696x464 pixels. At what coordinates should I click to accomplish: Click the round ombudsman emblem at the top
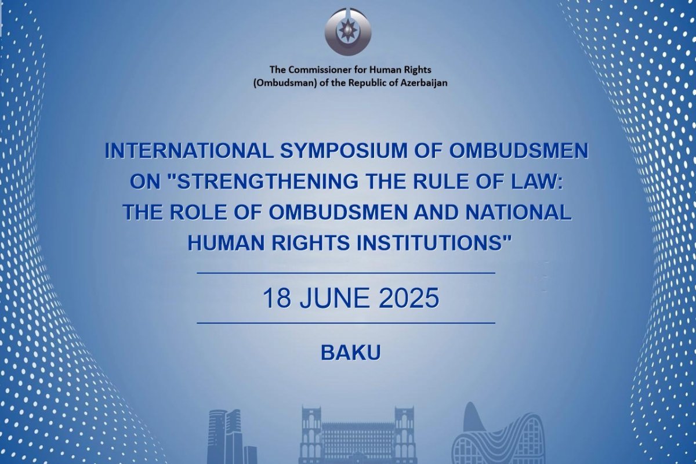pos(348,32)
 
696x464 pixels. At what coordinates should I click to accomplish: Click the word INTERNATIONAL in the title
pos(189,151)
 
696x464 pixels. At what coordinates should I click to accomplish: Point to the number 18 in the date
pos(277,298)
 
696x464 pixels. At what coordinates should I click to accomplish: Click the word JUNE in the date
pos(335,298)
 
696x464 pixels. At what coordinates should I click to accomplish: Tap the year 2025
pos(409,298)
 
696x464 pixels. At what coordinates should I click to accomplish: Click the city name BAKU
pos(350,353)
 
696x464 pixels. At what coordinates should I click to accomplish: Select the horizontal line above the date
pos(346,273)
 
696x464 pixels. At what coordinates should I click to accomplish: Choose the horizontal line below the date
pos(346,323)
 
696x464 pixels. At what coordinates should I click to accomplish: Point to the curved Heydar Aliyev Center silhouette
pos(497,435)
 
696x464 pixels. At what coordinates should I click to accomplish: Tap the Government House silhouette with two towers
pos(357,435)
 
